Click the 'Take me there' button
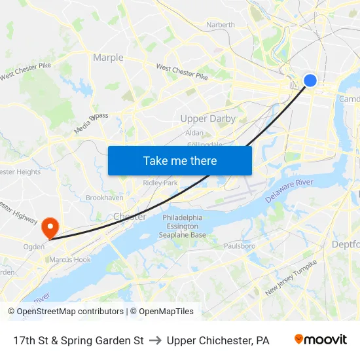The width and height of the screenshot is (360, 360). click(x=180, y=160)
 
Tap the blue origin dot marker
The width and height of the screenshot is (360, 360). click(x=310, y=80)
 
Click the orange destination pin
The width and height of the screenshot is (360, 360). click(x=50, y=227)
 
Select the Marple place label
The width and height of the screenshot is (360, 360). click(x=108, y=58)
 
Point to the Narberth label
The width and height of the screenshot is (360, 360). click(x=221, y=25)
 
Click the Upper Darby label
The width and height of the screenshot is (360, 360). click(x=208, y=118)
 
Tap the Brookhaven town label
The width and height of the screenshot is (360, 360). click(x=105, y=197)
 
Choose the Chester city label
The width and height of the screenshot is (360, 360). click(x=130, y=216)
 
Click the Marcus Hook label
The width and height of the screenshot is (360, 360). click(x=70, y=259)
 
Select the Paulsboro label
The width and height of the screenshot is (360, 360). click(x=240, y=246)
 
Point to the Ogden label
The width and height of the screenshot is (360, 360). click(x=34, y=247)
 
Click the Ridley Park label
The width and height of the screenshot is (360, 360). click(x=160, y=183)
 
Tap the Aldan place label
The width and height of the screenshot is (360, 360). click(x=194, y=132)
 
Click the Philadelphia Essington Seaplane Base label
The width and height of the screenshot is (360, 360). click(x=183, y=226)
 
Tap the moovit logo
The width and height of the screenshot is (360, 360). click(x=320, y=340)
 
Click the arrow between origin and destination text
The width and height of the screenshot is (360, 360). click(x=155, y=340)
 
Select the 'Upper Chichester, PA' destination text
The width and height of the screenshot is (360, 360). click(x=218, y=340)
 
